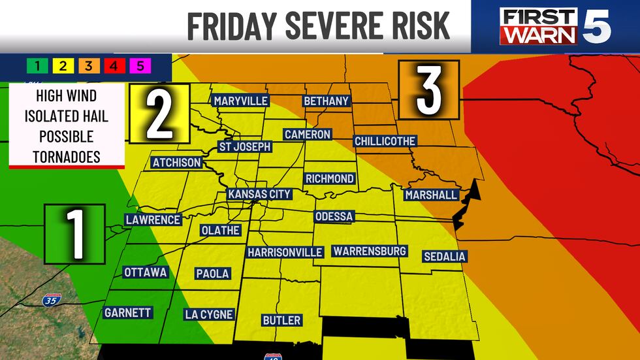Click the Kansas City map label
(259, 195)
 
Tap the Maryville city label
(240, 101)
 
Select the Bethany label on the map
(327, 101)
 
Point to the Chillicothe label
(385, 141)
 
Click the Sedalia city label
(444, 256)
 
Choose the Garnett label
(128, 313)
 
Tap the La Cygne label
(208, 314)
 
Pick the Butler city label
(281, 320)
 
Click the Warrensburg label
(370, 251)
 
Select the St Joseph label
(244, 146)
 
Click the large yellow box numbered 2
(159, 114)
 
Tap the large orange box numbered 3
(430, 90)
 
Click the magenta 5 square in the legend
(140, 65)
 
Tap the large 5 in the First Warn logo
(596, 26)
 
